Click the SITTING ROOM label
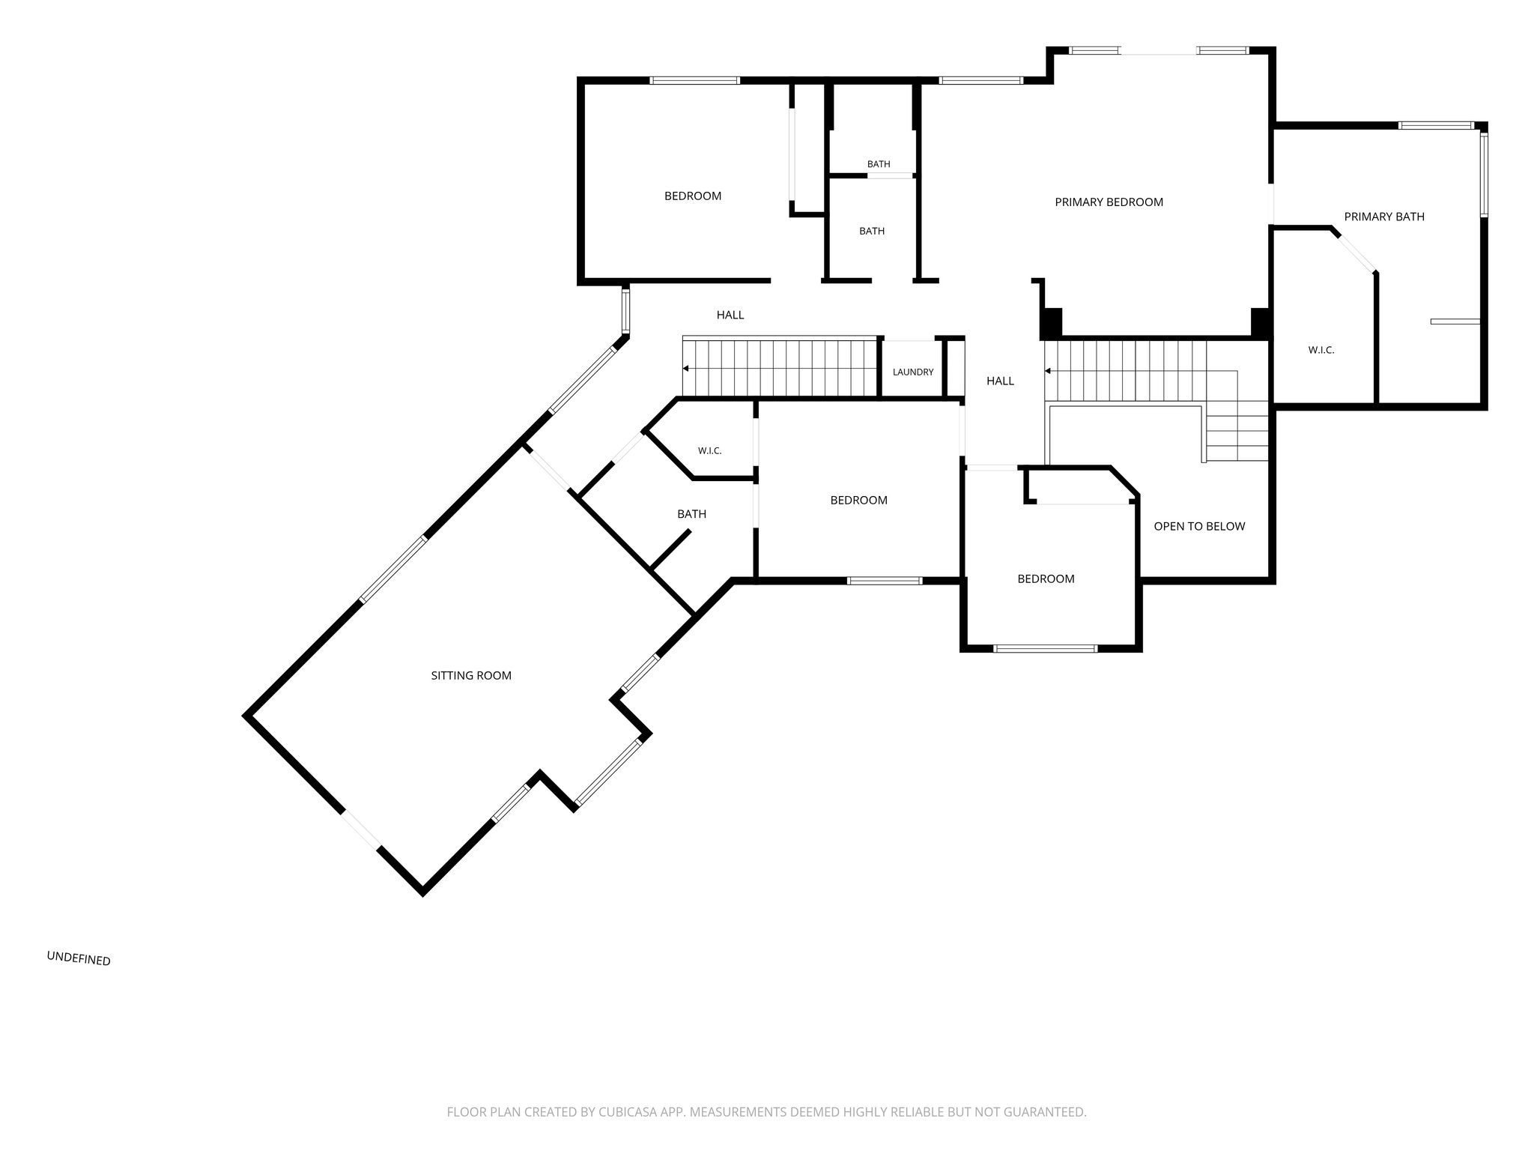[x=471, y=675]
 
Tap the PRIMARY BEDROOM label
[x=1109, y=202]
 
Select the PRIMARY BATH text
[x=1384, y=217]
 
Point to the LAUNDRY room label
[x=913, y=372]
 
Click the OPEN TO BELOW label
[x=1199, y=526]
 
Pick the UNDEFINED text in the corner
[x=79, y=958]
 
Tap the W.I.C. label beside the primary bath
[x=1321, y=350]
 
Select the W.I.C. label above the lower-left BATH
[x=709, y=450]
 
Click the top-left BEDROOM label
[x=693, y=196]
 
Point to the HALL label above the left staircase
[x=730, y=315]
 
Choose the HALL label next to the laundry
[x=1000, y=381]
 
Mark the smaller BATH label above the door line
[x=879, y=164]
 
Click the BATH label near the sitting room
[x=691, y=514]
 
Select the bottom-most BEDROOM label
[x=1046, y=578]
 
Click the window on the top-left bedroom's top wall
[x=695, y=80]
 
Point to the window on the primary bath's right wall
[x=1484, y=175]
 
